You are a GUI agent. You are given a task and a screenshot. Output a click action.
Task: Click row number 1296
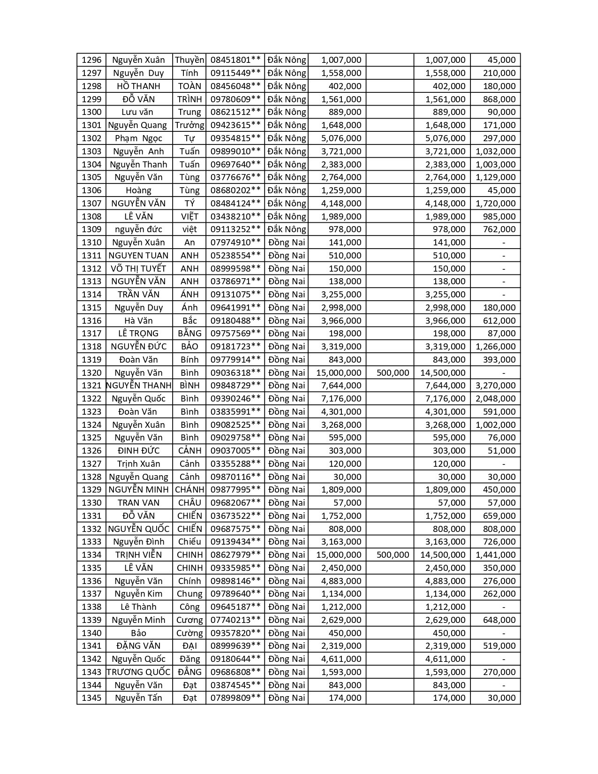pyautogui.click(x=91, y=60)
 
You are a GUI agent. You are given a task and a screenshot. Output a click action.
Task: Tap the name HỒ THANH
pyautogui.click(x=138, y=86)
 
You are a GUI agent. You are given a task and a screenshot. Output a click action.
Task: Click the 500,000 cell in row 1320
pyautogui.click(x=393, y=373)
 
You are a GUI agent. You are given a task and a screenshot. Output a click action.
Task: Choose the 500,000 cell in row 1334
pyautogui.click(x=393, y=555)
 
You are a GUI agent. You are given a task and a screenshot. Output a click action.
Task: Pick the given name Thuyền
pyautogui.click(x=189, y=60)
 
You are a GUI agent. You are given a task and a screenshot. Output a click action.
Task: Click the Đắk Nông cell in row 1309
pyautogui.click(x=287, y=229)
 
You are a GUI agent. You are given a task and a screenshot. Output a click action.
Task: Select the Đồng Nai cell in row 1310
pyautogui.click(x=287, y=243)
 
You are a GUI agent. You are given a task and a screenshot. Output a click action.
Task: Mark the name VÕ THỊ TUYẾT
pyautogui.click(x=138, y=269)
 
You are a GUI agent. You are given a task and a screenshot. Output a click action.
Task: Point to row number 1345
pyautogui.click(x=91, y=698)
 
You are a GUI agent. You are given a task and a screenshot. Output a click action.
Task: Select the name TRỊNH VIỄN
pyautogui.click(x=138, y=555)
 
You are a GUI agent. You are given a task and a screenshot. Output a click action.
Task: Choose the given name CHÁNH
pyautogui.click(x=189, y=490)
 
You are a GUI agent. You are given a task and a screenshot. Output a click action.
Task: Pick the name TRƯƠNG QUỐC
pyautogui.click(x=138, y=672)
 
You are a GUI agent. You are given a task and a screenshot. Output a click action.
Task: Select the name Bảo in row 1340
pyautogui.click(x=138, y=633)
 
